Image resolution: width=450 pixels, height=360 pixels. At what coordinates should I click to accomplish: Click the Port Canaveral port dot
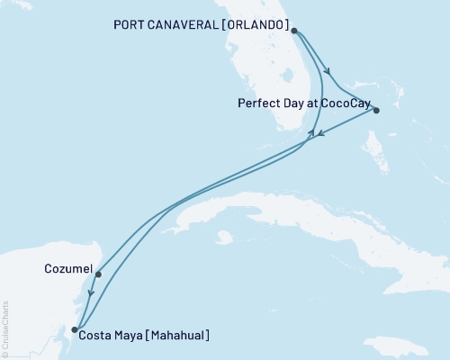(294, 31)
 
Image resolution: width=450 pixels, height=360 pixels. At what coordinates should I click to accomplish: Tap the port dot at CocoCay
(376, 111)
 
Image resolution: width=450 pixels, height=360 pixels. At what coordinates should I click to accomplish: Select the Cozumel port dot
(97, 274)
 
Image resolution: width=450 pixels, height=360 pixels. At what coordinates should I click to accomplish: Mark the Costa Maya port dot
(75, 329)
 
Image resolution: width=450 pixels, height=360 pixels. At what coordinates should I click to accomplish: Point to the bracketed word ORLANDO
(261, 23)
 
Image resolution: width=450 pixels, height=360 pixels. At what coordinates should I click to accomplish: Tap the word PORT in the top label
(130, 23)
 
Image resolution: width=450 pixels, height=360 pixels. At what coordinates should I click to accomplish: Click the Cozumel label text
(66, 268)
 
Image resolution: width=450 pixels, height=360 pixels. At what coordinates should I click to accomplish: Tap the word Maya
(130, 336)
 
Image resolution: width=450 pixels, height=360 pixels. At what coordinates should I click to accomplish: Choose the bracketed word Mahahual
(180, 336)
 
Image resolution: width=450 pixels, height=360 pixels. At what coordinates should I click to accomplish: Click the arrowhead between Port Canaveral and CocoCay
(331, 73)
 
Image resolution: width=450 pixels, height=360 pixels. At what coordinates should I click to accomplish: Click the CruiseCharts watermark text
(6, 328)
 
